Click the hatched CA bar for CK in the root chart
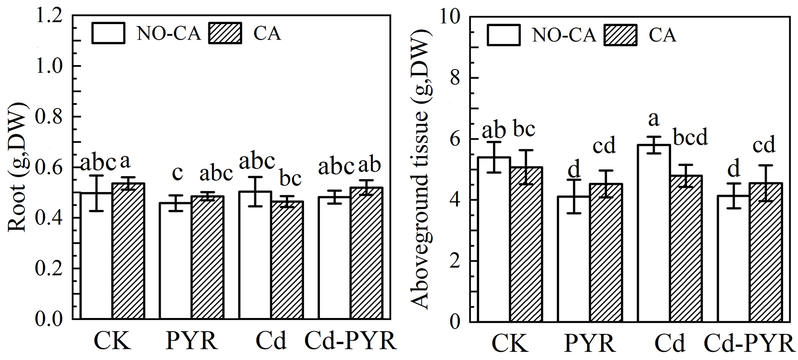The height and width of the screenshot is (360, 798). [x=128, y=251]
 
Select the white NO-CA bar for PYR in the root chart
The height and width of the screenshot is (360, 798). [x=175, y=261]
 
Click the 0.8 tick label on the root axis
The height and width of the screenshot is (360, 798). [x=49, y=117]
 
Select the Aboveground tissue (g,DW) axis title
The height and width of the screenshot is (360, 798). [x=421, y=169]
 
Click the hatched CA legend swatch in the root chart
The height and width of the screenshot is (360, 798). [x=225, y=33]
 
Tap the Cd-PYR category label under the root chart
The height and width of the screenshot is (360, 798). [x=350, y=342]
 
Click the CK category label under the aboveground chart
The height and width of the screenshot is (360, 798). [x=510, y=344]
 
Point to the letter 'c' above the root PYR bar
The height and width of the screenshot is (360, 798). [x=177, y=173]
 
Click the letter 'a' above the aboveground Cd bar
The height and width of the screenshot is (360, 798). [x=654, y=119]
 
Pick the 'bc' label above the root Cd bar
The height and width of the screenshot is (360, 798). [x=290, y=178]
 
